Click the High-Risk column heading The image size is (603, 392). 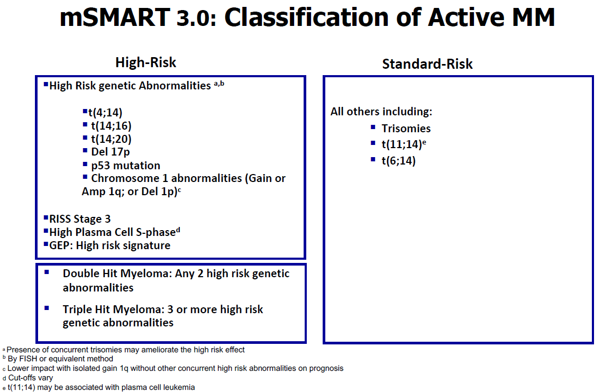[146, 62]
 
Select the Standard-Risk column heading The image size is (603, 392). [427, 64]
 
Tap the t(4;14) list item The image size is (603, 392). [105, 112]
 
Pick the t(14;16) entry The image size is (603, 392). [111, 126]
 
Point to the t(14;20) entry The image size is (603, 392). [111, 139]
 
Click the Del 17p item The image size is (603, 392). [111, 152]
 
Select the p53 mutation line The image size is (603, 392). [126, 166]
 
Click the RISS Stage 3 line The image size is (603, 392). [80, 219]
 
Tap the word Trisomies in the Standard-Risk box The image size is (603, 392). [406, 129]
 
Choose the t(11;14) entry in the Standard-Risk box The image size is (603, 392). [404, 144]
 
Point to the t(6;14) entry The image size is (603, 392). [398, 160]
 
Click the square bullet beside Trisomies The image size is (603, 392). [373, 127]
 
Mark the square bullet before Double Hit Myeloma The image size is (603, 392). [47, 272]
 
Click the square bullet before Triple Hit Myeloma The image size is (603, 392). [47, 308]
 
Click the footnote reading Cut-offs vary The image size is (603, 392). [30, 378]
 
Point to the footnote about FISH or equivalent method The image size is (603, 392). [60, 359]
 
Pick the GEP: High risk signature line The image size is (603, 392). [109, 245]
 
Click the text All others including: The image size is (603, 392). [381, 112]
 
